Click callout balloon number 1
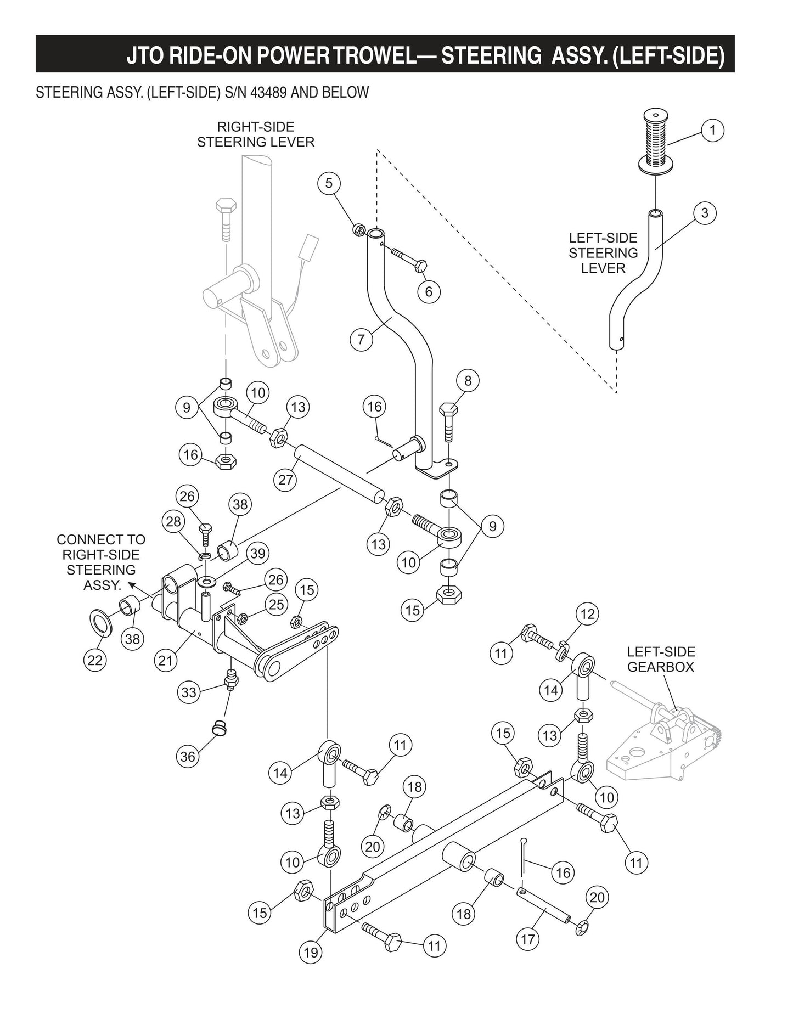[x=712, y=131]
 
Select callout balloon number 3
[x=705, y=213]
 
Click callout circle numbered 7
[x=361, y=339]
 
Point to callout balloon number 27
[x=285, y=480]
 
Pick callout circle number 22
[x=95, y=660]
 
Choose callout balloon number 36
[x=188, y=757]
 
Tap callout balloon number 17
[x=527, y=939]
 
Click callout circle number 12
[x=587, y=614]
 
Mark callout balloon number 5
[x=329, y=183]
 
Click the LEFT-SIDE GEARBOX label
[x=661, y=660]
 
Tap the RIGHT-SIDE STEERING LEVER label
[x=256, y=134]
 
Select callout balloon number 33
[x=188, y=692]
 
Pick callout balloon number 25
[x=277, y=604]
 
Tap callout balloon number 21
[x=165, y=661]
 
